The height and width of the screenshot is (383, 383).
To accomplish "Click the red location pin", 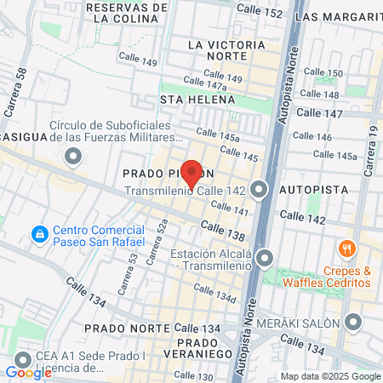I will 192,173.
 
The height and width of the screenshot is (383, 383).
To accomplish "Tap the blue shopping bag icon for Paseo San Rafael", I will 39,233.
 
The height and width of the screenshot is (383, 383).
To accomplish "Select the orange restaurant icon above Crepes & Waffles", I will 346,249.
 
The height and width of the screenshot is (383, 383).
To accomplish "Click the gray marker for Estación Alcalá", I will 266,257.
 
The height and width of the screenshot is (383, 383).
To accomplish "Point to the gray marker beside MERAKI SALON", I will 355,322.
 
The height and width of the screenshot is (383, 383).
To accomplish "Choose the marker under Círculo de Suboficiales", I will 74,157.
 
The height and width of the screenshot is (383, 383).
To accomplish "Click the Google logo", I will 28,372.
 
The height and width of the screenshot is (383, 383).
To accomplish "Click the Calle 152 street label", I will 260,13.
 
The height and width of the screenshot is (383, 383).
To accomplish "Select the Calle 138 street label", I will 223,230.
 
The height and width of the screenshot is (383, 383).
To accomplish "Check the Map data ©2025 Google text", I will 331,376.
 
